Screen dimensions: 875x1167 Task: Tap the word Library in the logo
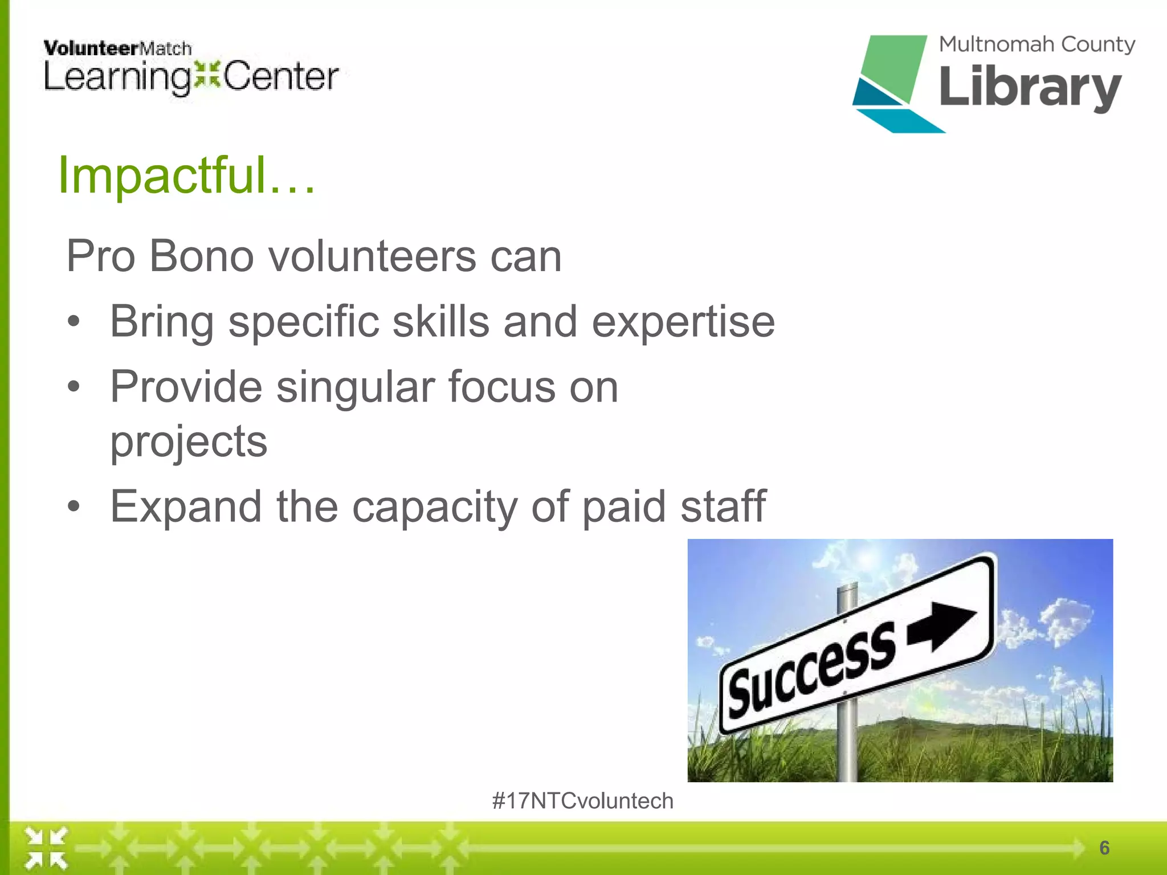click(1030, 87)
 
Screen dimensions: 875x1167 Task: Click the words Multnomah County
click(1037, 44)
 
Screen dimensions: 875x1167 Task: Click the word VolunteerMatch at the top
click(117, 48)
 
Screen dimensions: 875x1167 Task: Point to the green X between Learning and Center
click(207, 76)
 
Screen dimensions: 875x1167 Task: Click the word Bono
click(201, 256)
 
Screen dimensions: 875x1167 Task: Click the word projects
click(189, 441)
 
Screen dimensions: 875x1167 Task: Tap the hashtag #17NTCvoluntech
click(582, 801)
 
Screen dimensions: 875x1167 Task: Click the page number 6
click(1104, 848)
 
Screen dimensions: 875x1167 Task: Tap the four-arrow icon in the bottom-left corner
click(46, 848)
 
